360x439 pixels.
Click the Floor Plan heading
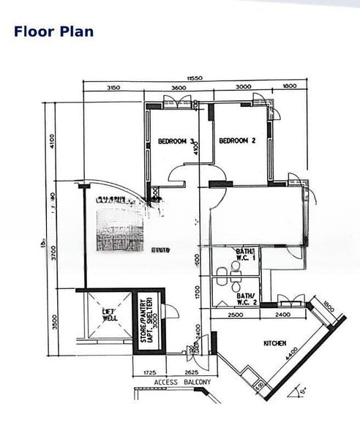point(53,31)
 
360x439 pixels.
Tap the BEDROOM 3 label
point(176,142)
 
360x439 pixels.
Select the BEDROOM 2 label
point(236,140)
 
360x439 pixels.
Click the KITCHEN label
point(274,343)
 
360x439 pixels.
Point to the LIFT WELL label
point(109,315)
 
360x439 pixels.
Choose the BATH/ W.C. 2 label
point(245,299)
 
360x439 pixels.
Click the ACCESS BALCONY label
point(182,382)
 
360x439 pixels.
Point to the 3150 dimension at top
point(113,87)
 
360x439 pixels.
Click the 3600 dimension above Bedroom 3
point(178,87)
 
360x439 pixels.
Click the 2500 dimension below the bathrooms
point(236,314)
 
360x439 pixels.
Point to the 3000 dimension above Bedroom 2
point(244,87)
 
